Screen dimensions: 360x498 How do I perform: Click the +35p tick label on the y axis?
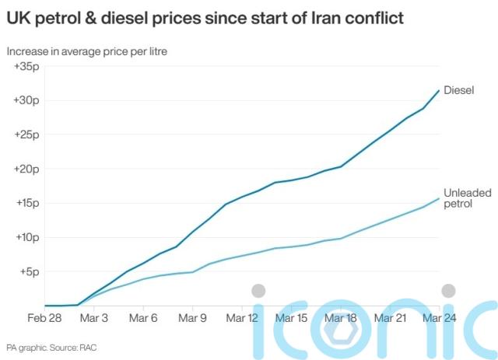(x=26, y=66)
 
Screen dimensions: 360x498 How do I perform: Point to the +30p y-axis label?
(x=26, y=100)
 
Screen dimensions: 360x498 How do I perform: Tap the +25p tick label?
(x=26, y=135)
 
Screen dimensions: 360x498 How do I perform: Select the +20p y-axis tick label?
(x=26, y=169)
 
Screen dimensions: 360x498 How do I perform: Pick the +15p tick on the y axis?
(x=26, y=203)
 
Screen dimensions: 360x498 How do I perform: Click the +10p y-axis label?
(x=26, y=237)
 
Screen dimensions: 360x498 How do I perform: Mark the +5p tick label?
(x=29, y=271)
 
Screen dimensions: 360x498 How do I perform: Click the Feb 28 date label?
(x=45, y=318)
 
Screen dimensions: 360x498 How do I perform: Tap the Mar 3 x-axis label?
(x=94, y=318)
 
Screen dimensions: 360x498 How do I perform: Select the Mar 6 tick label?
(x=143, y=318)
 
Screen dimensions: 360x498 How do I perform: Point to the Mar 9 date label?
(x=192, y=318)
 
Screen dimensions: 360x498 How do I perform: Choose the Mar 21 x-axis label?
(x=389, y=318)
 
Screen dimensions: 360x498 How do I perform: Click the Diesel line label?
(x=459, y=89)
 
